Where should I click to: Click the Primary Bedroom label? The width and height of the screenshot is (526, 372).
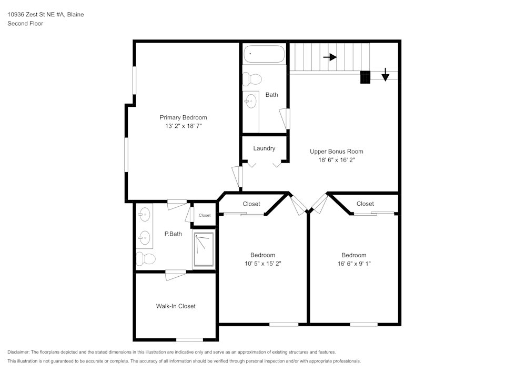click(183, 117)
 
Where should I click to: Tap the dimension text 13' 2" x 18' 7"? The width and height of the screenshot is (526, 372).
click(183, 126)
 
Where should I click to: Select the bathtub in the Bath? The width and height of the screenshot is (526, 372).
click(264, 54)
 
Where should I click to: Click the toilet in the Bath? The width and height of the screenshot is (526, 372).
click(252, 79)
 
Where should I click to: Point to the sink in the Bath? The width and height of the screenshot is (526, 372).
click(251, 100)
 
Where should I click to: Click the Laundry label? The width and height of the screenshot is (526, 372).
click(264, 148)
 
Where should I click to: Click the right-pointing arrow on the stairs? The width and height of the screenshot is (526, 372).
click(330, 57)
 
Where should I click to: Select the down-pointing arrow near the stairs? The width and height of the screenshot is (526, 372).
click(385, 75)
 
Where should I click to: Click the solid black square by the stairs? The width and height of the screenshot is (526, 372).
click(366, 77)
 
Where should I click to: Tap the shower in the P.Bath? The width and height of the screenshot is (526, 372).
click(204, 250)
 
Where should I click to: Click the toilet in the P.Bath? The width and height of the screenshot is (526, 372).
click(146, 259)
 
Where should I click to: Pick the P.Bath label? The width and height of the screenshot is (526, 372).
click(173, 234)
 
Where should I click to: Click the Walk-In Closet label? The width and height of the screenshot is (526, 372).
click(176, 306)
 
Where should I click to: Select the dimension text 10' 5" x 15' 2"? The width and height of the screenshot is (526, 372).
click(262, 264)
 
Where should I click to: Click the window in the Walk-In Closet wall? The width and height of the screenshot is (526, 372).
click(189, 339)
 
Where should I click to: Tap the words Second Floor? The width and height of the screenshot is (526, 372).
click(25, 24)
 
